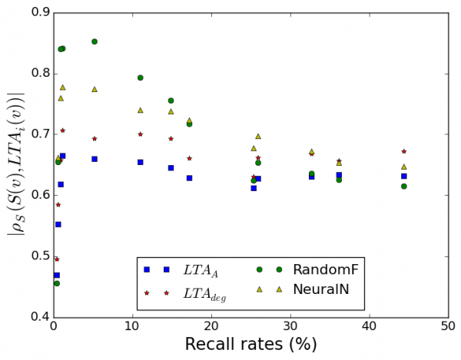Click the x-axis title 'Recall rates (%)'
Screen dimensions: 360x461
click(x=250, y=345)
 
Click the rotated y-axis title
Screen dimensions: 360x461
click(x=15, y=163)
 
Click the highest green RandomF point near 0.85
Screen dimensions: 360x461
click(x=95, y=41)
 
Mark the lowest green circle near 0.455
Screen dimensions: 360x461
click(x=57, y=283)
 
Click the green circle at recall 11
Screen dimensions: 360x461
click(x=140, y=78)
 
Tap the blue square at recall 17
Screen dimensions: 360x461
click(x=189, y=178)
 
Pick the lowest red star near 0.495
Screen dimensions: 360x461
click(x=57, y=259)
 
